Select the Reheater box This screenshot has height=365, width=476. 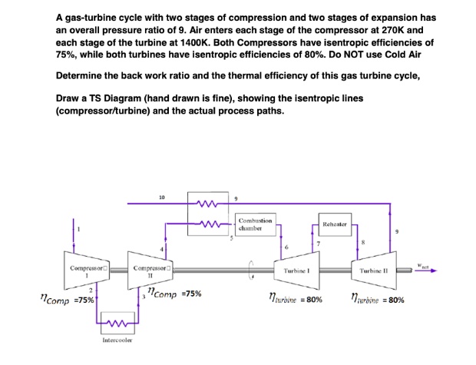pos(336,226)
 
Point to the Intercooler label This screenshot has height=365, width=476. pos(116,339)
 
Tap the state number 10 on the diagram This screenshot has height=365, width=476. pos(162,197)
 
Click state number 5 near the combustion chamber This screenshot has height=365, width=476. pos(230,240)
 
